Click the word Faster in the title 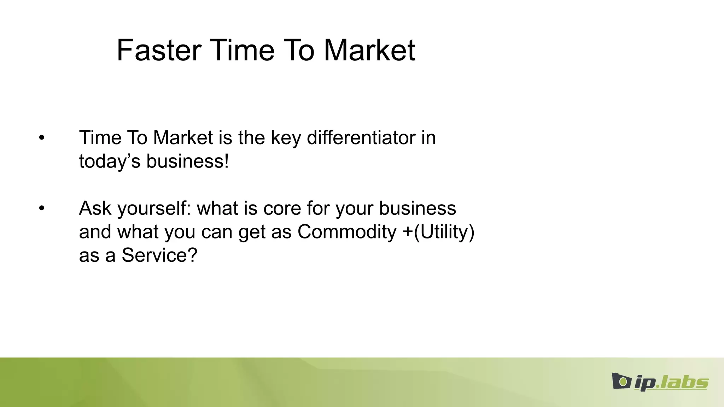click(x=159, y=51)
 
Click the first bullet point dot click(x=42, y=138)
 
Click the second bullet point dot click(x=42, y=208)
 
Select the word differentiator click(x=361, y=138)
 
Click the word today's click(x=110, y=162)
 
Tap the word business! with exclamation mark click(x=188, y=161)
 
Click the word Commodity click(x=347, y=232)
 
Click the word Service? click(x=159, y=255)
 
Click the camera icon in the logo click(x=621, y=381)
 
